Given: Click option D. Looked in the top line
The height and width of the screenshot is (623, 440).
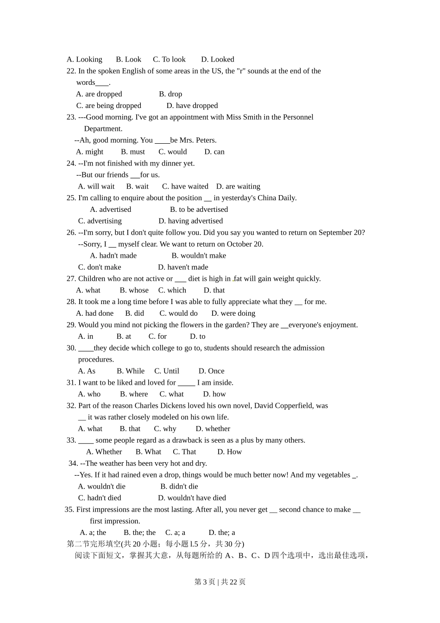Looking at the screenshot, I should click(218, 59).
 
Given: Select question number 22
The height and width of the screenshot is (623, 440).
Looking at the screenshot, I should click(71, 71).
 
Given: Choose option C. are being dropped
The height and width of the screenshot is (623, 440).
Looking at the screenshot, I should click(109, 106).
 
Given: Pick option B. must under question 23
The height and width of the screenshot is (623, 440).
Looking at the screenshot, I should click(133, 152).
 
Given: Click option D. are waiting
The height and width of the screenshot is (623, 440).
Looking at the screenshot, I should click(238, 186).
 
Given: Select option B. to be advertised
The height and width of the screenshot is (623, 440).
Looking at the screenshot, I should click(199, 210).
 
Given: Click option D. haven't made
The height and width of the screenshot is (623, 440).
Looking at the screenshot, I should click(183, 267).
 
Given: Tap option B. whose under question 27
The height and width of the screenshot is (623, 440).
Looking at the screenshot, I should click(134, 290).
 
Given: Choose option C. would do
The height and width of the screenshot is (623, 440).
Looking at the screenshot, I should click(178, 313).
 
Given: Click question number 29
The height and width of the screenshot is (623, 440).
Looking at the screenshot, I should click(71, 325).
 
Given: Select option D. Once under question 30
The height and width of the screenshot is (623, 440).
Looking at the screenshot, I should click(212, 371).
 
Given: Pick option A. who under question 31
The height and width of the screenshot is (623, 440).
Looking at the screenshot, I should click(89, 394).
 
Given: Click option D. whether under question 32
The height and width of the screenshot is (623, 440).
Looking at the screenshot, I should click(213, 429).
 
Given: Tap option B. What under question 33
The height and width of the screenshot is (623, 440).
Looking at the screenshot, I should click(148, 452).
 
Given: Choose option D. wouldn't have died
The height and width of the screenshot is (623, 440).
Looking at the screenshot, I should click(192, 498).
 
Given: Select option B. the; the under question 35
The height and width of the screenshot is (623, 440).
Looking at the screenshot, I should click(140, 533).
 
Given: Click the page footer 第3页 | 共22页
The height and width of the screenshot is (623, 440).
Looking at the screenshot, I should click(220, 582).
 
